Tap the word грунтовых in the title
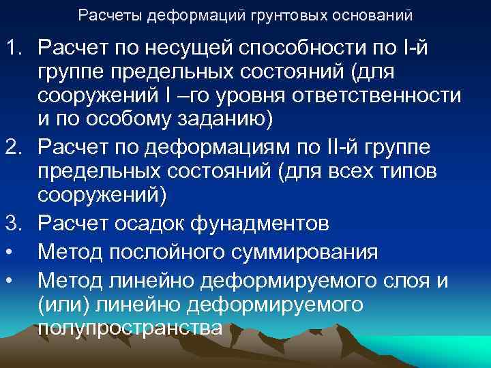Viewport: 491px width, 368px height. coord(252,14)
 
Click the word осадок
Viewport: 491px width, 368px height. coord(162,223)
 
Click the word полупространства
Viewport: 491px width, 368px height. coord(130,328)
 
